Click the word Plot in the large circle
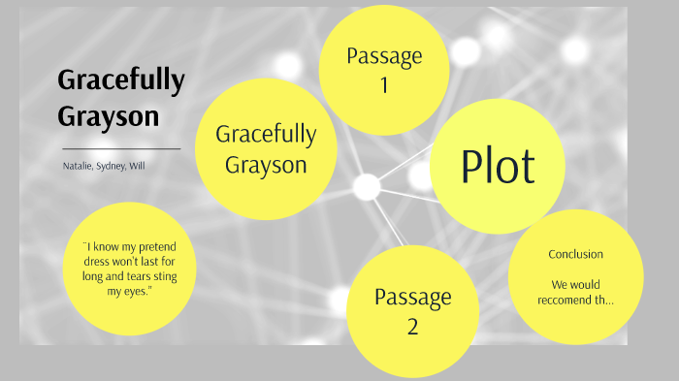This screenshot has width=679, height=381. click(498, 166)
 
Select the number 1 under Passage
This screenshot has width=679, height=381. click(383, 85)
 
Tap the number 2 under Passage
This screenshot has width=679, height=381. click(412, 326)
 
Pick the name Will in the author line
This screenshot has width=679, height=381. click(139, 166)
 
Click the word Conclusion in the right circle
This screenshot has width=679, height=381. click(575, 254)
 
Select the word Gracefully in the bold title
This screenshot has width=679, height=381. click(120, 82)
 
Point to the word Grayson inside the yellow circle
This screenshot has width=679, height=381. click(266, 164)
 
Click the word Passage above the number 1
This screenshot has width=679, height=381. click(383, 55)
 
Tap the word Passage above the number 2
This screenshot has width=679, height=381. click(412, 296)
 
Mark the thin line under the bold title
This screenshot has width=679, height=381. click(121, 149)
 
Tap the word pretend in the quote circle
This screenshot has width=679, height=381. click(166, 247)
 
